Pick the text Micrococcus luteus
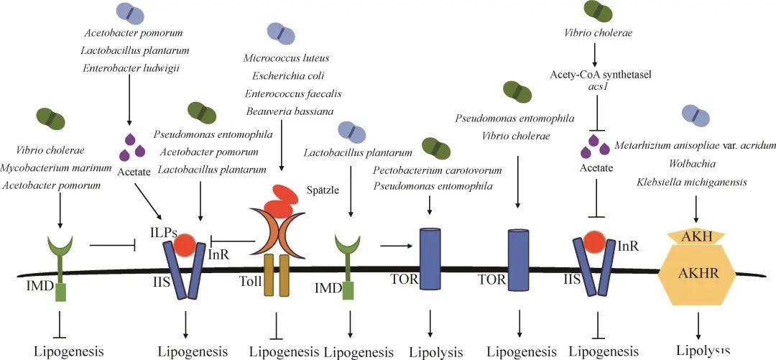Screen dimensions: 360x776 [x=287, y=57]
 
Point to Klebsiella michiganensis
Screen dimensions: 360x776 [x=691, y=182]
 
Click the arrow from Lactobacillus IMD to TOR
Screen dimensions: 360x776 [x=392, y=246]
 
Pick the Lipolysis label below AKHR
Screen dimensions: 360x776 [x=703, y=350]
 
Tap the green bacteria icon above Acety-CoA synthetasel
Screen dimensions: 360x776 [x=597, y=10]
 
